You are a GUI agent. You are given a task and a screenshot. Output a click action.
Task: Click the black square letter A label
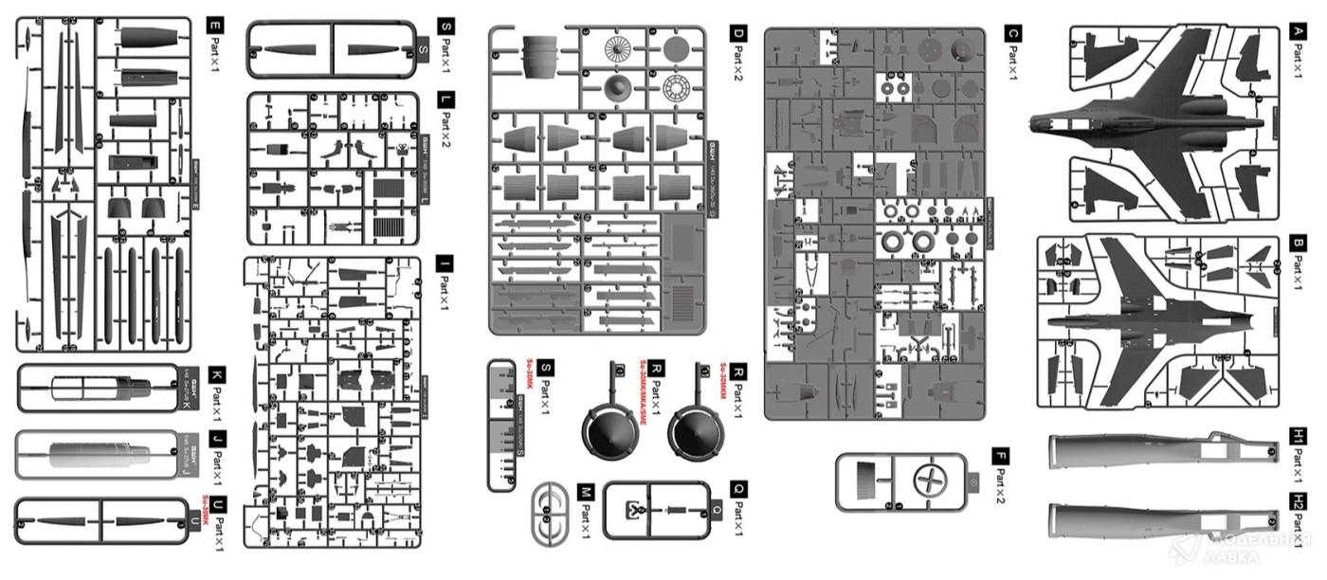point(1299,33)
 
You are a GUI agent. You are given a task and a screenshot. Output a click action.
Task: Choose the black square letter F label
point(1001,457)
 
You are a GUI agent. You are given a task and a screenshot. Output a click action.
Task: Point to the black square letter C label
point(1011,33)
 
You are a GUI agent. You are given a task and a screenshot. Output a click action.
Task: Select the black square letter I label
point(444,262)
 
